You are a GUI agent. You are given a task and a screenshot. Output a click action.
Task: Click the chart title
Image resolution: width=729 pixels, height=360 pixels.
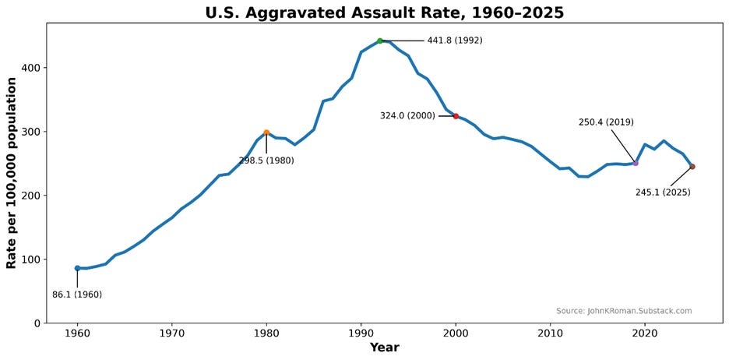coord(384,12)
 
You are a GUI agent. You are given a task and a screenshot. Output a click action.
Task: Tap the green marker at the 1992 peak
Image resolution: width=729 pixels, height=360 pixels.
coord(380,41)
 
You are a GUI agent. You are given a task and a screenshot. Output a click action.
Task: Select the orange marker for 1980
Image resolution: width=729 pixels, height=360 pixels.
coord(266,132)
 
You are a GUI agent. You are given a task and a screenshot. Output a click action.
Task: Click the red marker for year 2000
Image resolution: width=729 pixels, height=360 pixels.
coord(456,116)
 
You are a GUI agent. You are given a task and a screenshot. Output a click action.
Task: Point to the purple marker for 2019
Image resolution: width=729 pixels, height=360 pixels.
coord(636,163)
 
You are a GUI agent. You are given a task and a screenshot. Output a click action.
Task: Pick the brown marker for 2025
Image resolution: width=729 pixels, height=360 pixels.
coord(692,167)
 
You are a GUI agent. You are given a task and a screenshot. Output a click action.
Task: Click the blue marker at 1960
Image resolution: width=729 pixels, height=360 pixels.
coord(77,268)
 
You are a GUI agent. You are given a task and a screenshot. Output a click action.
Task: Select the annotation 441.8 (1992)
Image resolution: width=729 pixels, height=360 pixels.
coord(454,41)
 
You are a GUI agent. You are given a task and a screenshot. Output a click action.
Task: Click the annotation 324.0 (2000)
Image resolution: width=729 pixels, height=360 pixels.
coord(407,116)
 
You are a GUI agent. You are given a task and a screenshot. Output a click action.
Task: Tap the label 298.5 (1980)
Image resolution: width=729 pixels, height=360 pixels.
coord(266,161)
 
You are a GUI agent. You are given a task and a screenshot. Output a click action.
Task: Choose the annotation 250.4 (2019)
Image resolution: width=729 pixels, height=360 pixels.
coord(606,122)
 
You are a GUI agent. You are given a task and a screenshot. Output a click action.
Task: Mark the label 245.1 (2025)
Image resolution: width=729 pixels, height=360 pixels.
coord(663,192)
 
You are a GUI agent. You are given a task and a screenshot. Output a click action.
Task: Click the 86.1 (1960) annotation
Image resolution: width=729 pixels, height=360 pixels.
coord(77,295)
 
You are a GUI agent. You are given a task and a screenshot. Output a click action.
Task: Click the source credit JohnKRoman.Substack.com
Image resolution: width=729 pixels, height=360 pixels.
coord(624,311)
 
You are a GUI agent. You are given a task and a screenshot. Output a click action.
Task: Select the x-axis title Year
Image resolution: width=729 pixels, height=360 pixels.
coord(384,348)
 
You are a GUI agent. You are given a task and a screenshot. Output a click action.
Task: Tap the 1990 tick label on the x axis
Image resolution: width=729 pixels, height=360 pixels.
coord(361,334)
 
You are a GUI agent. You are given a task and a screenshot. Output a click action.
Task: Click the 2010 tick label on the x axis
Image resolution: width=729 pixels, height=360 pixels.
coord(550,334)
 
